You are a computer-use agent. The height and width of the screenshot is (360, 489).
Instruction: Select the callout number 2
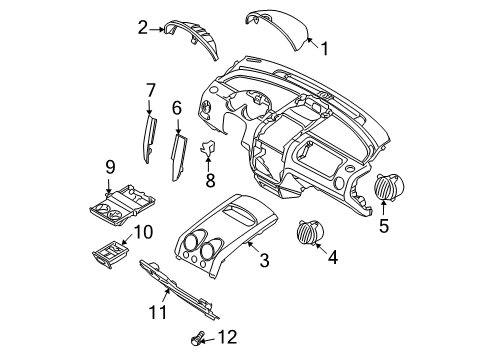143,28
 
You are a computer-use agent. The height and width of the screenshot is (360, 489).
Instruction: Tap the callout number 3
263,262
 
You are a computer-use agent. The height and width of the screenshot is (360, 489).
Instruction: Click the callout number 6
176,108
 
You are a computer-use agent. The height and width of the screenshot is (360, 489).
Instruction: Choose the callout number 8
210,181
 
